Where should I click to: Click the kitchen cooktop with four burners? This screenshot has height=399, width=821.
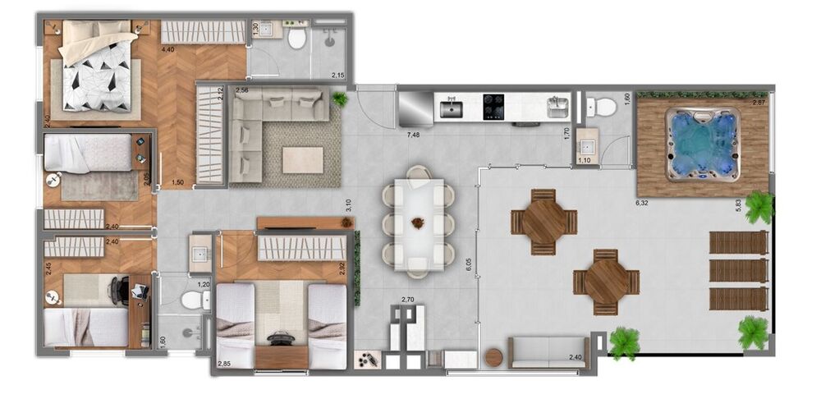point(493,106)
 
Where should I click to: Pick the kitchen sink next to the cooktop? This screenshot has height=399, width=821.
point(451,107)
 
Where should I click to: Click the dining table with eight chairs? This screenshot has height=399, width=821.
point(419,223)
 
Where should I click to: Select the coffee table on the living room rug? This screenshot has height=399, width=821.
point(303,159)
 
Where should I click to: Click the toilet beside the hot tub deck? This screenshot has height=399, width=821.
point(606,106)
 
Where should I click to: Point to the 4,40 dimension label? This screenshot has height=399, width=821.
point(167,50)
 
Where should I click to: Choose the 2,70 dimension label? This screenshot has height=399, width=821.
point(408,300)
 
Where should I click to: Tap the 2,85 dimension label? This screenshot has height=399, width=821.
point(224,363)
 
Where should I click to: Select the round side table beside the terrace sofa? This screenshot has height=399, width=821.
point(494,357)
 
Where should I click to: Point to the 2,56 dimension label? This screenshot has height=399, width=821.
point(242,89)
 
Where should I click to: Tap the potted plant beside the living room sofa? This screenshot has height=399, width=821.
point(340,99)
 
